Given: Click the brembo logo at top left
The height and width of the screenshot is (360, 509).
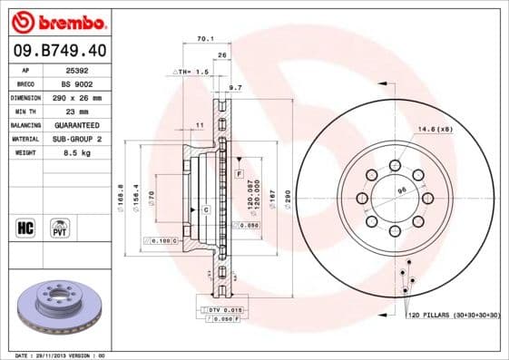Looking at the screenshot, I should [x=56, y=20].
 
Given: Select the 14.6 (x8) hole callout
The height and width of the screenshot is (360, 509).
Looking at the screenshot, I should [x=435, y=130].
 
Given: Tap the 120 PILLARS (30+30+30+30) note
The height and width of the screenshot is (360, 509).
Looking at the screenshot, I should [x=453, y=315].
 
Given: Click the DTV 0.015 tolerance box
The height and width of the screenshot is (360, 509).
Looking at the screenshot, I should [x=221, y=310].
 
